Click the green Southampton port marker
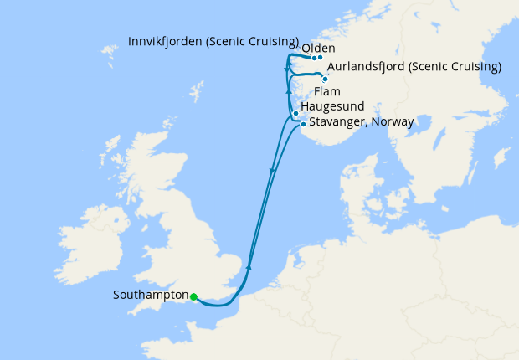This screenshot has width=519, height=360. pos(193,296)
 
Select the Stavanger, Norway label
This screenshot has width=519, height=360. pos(361,122)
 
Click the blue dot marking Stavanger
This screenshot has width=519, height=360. pos(303,124)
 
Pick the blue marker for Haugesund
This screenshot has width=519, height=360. pos(295,113)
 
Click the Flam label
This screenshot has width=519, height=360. pos(326,91)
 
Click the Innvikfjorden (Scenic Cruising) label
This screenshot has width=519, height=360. pos(213,41)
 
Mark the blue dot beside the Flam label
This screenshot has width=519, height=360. pos(325,79)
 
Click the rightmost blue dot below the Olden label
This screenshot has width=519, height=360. pos(320,58)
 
